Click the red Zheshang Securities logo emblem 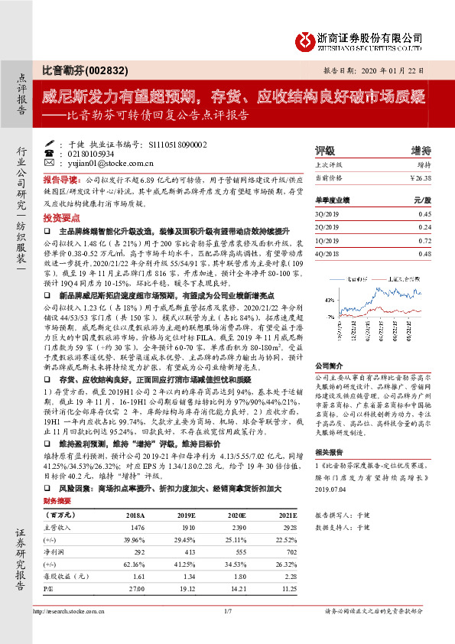pos(307,39)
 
